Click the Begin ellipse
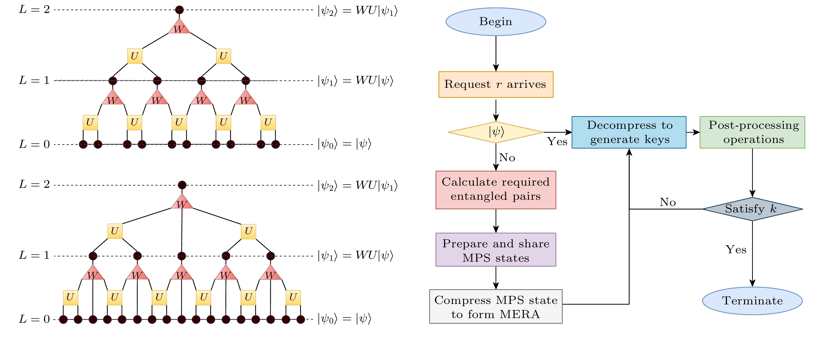[496, 21]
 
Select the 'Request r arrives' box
[496, 84]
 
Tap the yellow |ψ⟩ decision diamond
[496, 132]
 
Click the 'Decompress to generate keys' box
[629, 132]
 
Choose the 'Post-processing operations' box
[752, 132]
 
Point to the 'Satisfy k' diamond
[752, 209]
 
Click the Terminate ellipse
[752, 300]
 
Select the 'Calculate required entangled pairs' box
[496, 190]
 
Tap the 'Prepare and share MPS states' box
[496, 250]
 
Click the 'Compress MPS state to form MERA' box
[496, 306]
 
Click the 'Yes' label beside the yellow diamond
[557, 141]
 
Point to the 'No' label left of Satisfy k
[668, 202]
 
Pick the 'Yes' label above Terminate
[736, 250]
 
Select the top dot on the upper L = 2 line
[179, 10]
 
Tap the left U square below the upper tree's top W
[135, 56]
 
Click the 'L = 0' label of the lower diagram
[34, 319]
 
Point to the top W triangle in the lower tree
[182, 202]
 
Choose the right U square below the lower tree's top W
[248, 231]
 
